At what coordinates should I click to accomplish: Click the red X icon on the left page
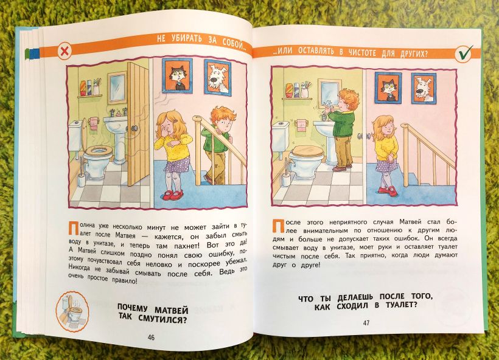click(65, 51)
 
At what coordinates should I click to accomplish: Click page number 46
click(151, 337)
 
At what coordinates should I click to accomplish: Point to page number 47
click(366, 323)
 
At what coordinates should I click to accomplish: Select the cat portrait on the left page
click(177, 75)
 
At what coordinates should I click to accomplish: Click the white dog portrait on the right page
click(424, 88)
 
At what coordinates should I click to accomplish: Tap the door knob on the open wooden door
click(134, 128)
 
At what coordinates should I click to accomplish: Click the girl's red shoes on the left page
click(173, 195)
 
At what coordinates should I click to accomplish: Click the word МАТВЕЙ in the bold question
click(172, 309)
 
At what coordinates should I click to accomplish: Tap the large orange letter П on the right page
click(278, 226)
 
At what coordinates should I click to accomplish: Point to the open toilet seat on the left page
click(98, 150)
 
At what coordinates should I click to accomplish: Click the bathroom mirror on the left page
click(117, 87)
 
